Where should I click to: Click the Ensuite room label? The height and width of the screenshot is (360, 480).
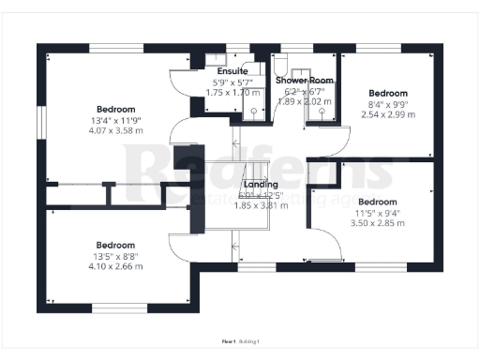coord(232,71)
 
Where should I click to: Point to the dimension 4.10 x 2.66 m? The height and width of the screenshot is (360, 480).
coord(116,266)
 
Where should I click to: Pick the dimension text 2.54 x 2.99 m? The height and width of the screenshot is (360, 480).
coord(387,114)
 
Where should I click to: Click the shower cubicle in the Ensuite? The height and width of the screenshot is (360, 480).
coord(254,108)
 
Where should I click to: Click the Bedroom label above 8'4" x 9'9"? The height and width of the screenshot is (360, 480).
coord(387,94)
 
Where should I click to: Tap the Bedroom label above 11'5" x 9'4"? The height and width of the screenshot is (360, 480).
coord(376,202)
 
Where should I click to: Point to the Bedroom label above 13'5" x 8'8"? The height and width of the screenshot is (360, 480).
coord(116,245)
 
